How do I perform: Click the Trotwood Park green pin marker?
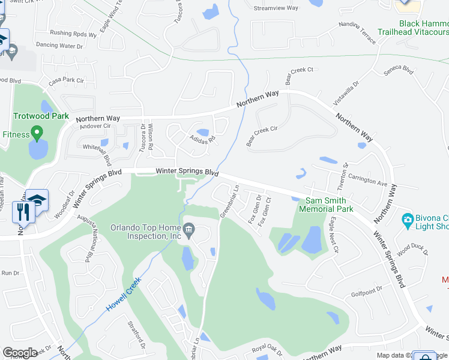(x=37, y=131)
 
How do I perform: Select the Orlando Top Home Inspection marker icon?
(x=188, y=228)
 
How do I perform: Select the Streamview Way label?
(x=276, y=8)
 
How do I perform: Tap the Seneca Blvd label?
(x=399, y=70)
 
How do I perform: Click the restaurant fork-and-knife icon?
(x=21, y=211)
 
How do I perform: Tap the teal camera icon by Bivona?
(x=408, y=220)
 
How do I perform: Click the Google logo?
(x=20, y=353)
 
